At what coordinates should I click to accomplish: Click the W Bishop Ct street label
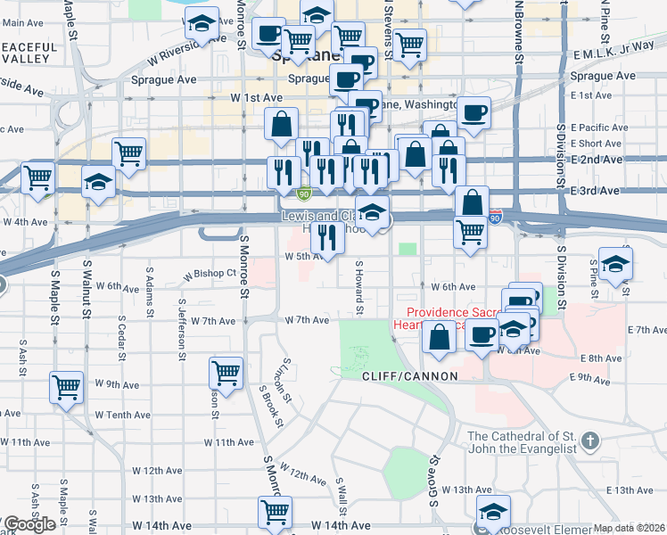(x=210, y=273)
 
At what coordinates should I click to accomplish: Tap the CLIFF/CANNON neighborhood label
(x=409, y=377)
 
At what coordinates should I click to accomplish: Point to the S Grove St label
(x=436, y=482)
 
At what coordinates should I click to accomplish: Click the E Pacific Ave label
(x=599, y=128)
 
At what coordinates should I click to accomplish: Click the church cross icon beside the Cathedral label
(x=589, y=441)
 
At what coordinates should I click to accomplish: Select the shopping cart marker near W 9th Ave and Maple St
(x=67, y=387)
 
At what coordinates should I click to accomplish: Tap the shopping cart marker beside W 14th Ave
(x=276, y=512)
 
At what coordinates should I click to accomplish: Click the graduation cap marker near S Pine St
(x=615, y=264)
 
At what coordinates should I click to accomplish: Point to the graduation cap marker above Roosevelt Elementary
(x=493, y=511)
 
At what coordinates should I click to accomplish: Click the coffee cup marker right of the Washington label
(x=474, y=112)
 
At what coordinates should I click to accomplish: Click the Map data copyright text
(x=630, y=528)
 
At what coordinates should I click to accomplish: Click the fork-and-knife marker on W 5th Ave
(x=327, y=236)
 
